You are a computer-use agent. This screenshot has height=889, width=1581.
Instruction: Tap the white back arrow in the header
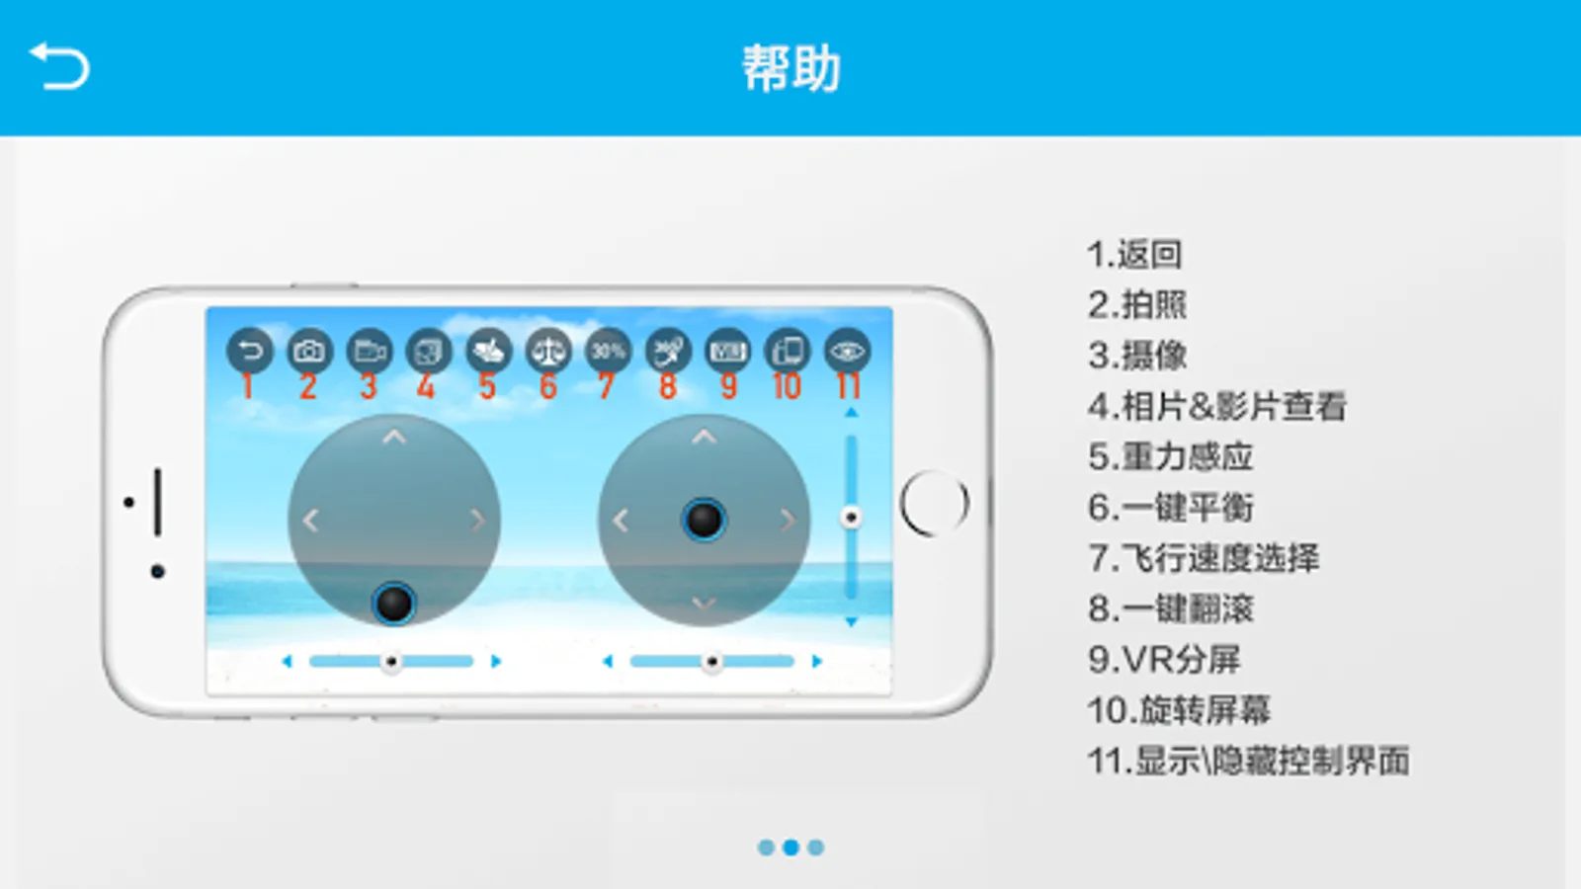[x=59, y=66]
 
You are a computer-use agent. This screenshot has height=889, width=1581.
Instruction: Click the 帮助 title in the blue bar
[x=791, y=68]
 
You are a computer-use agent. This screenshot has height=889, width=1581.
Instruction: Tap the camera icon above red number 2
[x=309, y=351]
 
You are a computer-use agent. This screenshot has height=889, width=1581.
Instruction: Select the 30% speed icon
[x=608, y=351]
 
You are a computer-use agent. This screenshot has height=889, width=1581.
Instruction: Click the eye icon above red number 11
[x=847, y=351]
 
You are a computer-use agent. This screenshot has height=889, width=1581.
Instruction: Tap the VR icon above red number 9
[x=727, y=351]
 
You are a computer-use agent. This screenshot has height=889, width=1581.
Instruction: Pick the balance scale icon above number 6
[x=548, y=351]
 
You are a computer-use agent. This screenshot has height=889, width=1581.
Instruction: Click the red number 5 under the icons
[x=487, y=386]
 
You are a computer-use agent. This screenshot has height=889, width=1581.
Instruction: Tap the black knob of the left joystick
[x=394, y=604]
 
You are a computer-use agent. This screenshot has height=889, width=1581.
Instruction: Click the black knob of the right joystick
[x=704, y=520]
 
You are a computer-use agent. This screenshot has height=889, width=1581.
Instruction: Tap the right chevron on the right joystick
[x=788, y=521]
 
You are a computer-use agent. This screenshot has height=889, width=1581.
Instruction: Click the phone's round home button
[x=934, y=503]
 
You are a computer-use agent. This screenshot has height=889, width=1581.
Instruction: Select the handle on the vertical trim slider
[x=851, y=518]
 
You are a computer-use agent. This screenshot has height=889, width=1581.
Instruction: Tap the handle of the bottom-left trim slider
[x=391, y=661]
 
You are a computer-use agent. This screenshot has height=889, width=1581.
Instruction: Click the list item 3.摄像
[x=1137, y=356]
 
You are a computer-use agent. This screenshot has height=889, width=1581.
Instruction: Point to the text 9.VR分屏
[x=1164, y=660]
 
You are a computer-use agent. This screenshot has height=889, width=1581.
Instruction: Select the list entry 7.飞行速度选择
[x=1204, y=558]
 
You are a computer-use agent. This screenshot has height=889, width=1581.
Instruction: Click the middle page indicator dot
[x=790, y=847]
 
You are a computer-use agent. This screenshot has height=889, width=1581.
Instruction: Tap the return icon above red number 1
[x=249, y=351]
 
